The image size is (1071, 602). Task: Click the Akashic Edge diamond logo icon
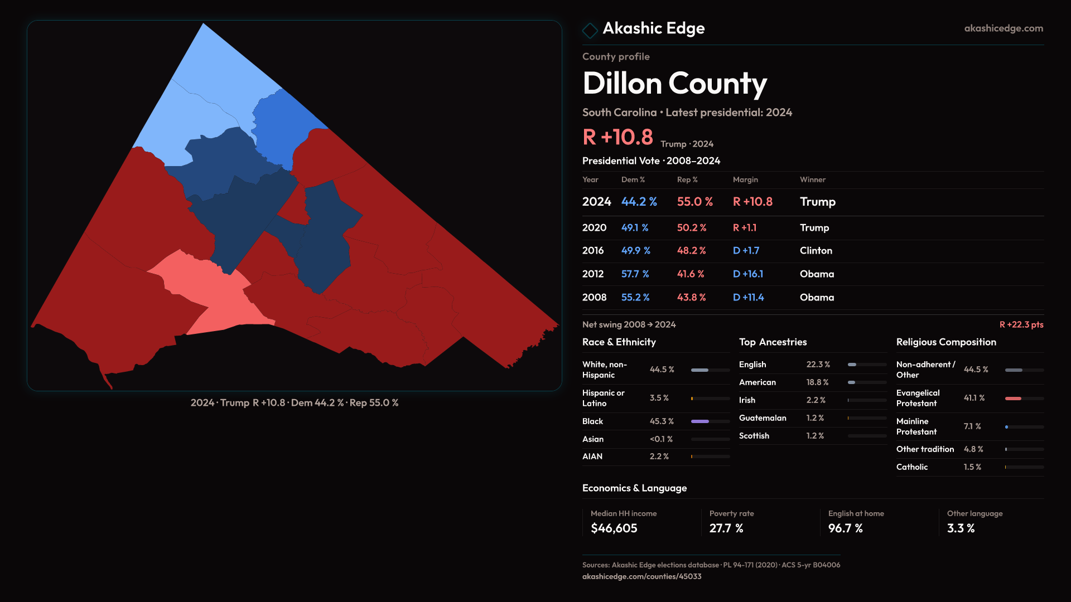coord(590,30)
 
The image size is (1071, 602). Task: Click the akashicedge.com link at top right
coord(1003,28)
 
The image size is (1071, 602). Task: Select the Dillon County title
coord(674,84)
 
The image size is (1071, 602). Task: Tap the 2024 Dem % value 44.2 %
coord(639,202)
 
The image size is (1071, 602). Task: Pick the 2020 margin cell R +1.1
coord(744,228)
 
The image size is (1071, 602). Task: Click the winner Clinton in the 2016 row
coord(816,251)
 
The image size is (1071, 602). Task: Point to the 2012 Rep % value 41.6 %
coord(691,274)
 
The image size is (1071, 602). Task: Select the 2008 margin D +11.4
coord(748,298)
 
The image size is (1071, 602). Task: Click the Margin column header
coord(745,179)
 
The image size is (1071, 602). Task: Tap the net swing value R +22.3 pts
coord(1021,324)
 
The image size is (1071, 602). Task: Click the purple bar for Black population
coord(700,421)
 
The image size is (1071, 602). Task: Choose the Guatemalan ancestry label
coord(763,418)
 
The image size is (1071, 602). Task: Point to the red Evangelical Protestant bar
coord(1013,399)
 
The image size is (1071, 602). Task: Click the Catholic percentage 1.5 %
coord(972,467)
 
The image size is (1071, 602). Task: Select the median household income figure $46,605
coord(614,528)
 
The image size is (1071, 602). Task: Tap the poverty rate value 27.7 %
coord(726,528)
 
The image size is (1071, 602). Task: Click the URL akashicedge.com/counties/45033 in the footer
coord(641,576)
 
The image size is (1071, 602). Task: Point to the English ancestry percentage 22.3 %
coord(818,365)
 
